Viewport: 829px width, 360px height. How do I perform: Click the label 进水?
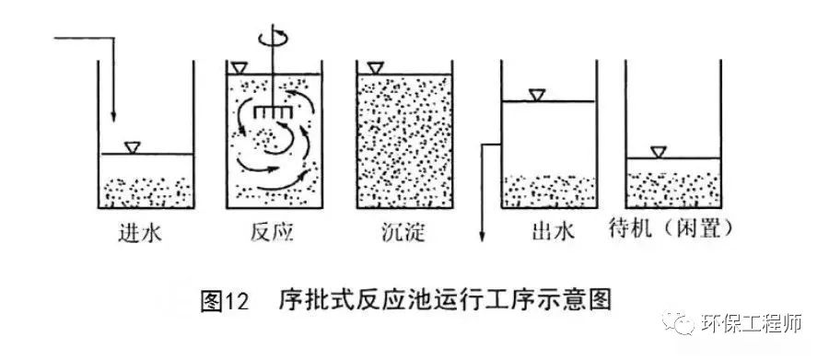pos(140,233)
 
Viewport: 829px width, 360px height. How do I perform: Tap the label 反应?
pos(272,233)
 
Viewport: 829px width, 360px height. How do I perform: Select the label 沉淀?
pos(403,233)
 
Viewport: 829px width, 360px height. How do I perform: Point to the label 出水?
pos(553,232)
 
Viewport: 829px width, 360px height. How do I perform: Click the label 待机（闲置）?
pos(671,229)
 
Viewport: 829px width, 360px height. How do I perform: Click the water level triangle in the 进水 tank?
pos(132,148)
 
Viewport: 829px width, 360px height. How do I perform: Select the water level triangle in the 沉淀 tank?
pos(376,68)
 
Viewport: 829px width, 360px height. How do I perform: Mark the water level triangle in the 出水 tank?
pos(537,95)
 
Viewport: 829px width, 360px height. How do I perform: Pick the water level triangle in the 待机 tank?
pos(659,152)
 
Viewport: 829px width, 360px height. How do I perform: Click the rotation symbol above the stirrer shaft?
pos(274,38)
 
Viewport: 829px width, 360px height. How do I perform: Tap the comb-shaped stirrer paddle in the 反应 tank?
pos(273,112)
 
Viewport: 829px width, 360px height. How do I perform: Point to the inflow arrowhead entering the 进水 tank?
pos(113,116)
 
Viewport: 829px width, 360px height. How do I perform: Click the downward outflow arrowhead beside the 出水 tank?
pos(482,237)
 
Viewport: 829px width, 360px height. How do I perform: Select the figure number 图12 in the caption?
pos(225,301)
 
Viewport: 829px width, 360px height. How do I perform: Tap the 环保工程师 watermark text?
pos(752,323)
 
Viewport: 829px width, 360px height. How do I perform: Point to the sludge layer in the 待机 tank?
pos(673,191)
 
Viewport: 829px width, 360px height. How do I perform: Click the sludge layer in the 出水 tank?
pos(549,192)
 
